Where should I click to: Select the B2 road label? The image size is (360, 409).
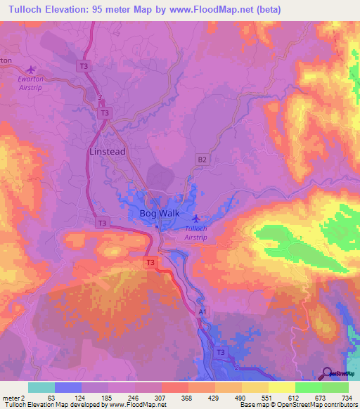(x=202, y=160)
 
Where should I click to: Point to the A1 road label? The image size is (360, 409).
(x=203, y=311)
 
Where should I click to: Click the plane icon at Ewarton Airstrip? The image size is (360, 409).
(x=30, y=69)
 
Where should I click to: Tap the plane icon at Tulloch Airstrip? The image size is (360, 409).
(x=195, y=219)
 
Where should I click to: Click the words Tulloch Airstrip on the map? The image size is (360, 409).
(x=195, y=233)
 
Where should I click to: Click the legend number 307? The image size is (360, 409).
(x=161, y=396)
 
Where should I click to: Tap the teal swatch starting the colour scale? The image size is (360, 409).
(x=41, y=387)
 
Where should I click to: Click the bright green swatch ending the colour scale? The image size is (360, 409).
(x=335, y=387)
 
